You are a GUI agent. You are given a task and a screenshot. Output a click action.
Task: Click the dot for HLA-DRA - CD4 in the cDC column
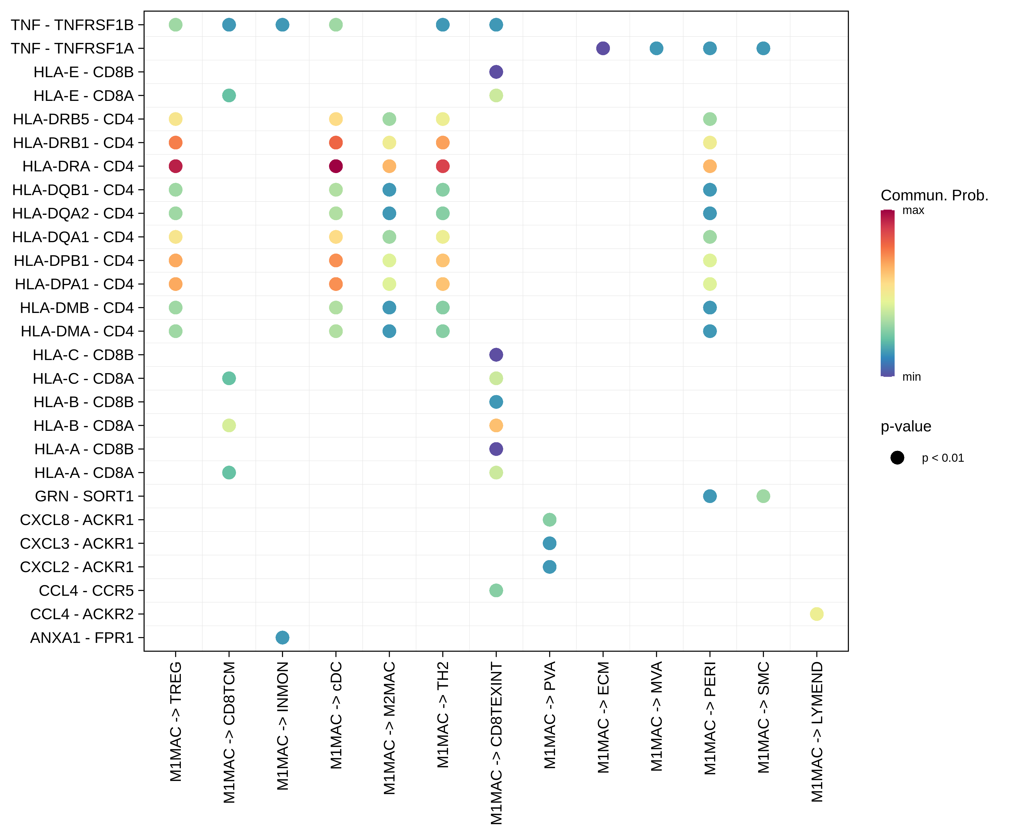coord(336,166)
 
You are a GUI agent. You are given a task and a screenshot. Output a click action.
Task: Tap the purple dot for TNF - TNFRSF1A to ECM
coord(603,48)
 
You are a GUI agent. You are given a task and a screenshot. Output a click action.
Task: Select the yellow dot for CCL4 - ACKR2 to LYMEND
coord(816,614)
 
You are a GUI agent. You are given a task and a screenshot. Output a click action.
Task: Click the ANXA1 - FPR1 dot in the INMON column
coord(282,637)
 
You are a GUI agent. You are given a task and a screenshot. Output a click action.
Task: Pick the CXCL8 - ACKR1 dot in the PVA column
coord(549,519)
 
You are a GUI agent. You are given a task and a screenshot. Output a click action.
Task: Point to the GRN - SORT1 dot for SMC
coord(763,496)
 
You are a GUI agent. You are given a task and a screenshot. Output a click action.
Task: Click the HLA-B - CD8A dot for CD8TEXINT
coord(496,425)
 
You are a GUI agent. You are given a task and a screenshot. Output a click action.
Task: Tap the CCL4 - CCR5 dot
coord(496,590)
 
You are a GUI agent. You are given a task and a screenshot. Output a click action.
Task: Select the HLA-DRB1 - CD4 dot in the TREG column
coord(176,142)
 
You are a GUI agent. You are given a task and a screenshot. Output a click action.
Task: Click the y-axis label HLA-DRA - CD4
coord(78,166)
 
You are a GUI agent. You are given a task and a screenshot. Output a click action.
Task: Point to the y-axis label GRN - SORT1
coord(84,496)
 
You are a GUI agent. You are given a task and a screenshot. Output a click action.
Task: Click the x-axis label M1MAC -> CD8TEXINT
coord(496,743)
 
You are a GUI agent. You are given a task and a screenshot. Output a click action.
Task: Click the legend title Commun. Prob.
coord(934,195)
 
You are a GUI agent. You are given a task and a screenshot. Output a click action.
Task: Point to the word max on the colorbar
coord(913,210)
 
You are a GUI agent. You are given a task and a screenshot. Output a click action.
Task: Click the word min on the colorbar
coord(911,377)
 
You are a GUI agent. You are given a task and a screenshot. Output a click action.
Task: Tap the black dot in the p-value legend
coord(897,458)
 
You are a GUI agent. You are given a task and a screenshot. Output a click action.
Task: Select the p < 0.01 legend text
coord(943,458)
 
